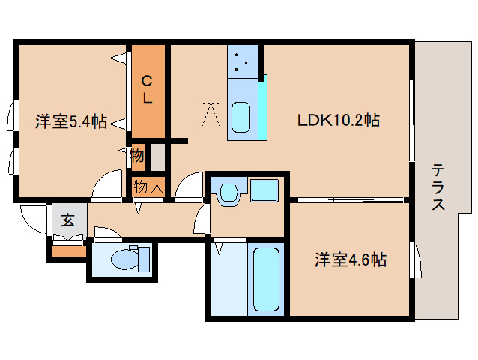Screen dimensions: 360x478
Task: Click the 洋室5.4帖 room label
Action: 71,121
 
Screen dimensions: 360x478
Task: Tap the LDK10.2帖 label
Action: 338,120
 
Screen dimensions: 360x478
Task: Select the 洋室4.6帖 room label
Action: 350,260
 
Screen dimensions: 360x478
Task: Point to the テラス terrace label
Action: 438,187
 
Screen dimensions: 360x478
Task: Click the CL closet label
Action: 148,89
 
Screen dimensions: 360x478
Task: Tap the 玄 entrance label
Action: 68,220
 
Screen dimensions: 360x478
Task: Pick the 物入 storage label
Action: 148,185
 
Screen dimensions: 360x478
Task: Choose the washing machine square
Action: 264,190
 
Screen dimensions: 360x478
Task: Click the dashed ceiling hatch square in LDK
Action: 211,114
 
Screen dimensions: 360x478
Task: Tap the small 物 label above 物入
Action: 136,156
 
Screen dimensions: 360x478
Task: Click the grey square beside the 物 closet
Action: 157,156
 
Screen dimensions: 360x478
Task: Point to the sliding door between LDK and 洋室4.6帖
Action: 348,200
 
